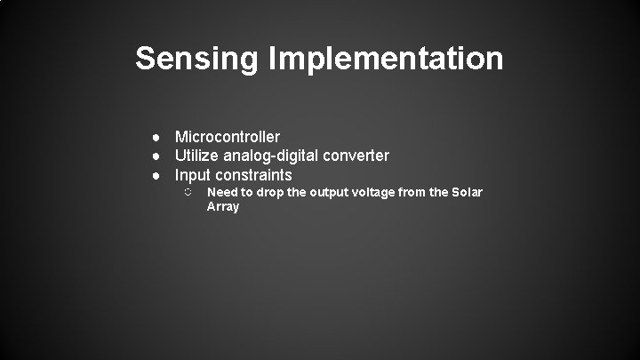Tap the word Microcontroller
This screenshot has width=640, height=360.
coord(228,137)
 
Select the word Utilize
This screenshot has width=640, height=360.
coord(198,156)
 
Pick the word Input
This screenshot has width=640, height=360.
coord(192,175)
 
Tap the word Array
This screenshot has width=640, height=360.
coord(223,207)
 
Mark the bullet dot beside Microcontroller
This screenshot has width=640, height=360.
coord(155,137)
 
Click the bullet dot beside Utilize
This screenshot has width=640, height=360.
coord(155,156)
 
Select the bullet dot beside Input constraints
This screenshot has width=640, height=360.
coord(155,175)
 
